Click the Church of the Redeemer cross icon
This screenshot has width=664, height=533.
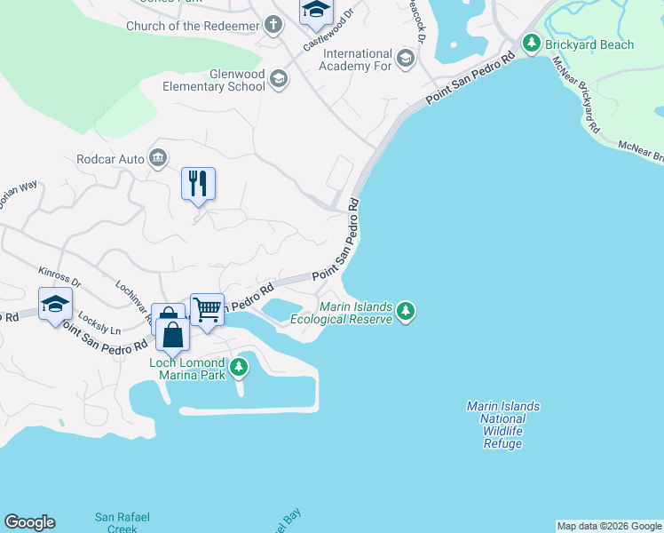(x=273, y=26)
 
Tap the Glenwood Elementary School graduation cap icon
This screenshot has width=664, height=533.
(x=279, y=80)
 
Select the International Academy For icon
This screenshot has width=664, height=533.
(x=406, y=60)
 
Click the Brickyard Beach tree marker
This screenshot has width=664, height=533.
(x=531, y=44)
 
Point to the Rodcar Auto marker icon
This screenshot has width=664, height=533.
(x=158, y=159)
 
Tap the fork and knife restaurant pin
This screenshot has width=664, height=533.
(x=199, y=184)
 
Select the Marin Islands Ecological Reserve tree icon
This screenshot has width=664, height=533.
(x=406, y=311)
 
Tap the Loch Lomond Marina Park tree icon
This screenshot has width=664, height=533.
(x=238, y=367)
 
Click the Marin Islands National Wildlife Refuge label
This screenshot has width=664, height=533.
(x=502, y=425)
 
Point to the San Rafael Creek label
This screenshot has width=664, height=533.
(x=116, y=522)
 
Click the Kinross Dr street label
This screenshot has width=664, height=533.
(x=59, y=276)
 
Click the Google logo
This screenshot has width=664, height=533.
(x=29, y=522)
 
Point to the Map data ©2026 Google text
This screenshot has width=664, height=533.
(x=609, y=526)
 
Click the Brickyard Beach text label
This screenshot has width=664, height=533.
(x=590, y=44)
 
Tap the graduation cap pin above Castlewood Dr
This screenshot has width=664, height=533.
(x=314, y=10)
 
